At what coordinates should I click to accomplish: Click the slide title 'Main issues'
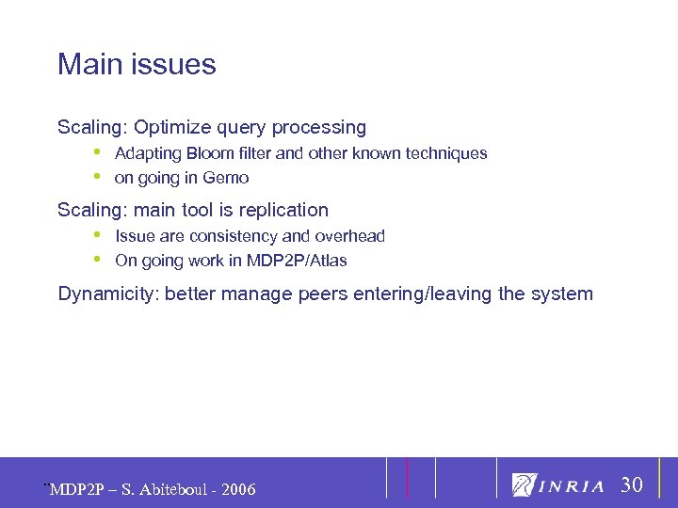(137, 65)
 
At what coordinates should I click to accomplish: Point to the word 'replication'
(283, 210)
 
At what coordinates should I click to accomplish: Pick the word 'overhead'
(350, 236)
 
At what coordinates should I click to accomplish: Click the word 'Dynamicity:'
(108, 294)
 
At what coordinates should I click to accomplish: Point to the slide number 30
(632, 485)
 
